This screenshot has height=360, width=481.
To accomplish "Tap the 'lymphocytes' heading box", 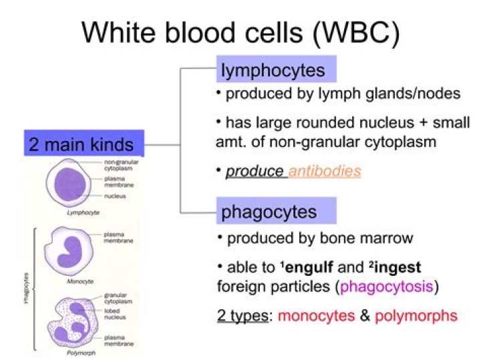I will tap(274, 69).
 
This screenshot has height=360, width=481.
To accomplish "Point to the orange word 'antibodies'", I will tap(325, 171).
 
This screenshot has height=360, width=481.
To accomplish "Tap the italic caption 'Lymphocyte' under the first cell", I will tap(69, 212).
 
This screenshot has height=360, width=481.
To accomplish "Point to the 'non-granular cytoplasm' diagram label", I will tap(118, 166).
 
